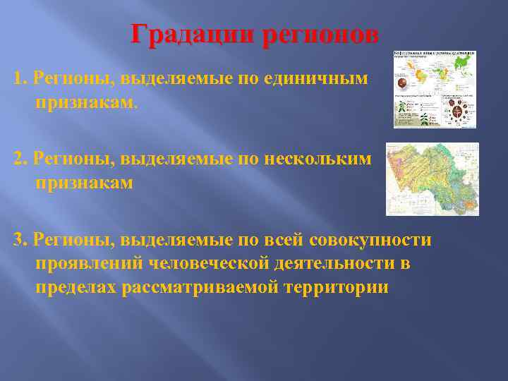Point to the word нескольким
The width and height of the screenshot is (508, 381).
(317, 159)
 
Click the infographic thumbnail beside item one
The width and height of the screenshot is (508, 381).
(435, 89)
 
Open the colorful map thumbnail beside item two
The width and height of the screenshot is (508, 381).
(432, 179)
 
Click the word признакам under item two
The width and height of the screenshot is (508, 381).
(84, 183)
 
